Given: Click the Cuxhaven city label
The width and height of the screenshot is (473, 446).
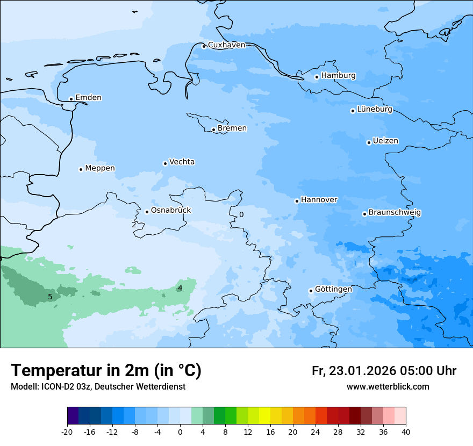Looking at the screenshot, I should point(226,45).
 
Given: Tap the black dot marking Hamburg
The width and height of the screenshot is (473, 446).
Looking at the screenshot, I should point(317,77).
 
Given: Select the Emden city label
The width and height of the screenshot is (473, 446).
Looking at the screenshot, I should point(88,98).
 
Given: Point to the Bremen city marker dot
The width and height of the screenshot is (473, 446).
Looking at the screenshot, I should point(213,130).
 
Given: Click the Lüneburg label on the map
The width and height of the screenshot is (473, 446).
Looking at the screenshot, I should point(375,110).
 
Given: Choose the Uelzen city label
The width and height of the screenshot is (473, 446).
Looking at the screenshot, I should point(385,141).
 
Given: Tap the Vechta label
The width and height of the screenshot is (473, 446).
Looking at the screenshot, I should point(182,162).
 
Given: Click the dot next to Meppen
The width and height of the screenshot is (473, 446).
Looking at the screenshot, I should point(81,169).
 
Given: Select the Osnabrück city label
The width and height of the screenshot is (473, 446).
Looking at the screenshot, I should point(171,211).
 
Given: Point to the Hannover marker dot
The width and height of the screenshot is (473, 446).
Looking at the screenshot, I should point(297,201).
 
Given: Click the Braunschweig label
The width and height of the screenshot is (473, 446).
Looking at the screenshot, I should point(395,213).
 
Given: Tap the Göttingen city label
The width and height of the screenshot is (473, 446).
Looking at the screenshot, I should point(333,290).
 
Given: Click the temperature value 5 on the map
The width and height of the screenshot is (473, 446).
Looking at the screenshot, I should point(50,297).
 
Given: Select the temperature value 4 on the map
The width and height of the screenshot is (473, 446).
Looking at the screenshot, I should point(180,288).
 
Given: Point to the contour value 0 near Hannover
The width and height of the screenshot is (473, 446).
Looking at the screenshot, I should point(241,214).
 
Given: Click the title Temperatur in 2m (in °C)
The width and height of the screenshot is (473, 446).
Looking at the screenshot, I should point(106,371).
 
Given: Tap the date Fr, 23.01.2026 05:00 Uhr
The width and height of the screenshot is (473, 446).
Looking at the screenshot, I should point(384,371).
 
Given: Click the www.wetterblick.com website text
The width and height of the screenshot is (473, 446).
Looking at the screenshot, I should point(388,387).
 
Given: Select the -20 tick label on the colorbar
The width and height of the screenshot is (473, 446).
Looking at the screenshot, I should point(67,432).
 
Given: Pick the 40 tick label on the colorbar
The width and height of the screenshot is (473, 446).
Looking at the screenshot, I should point(406,432).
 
